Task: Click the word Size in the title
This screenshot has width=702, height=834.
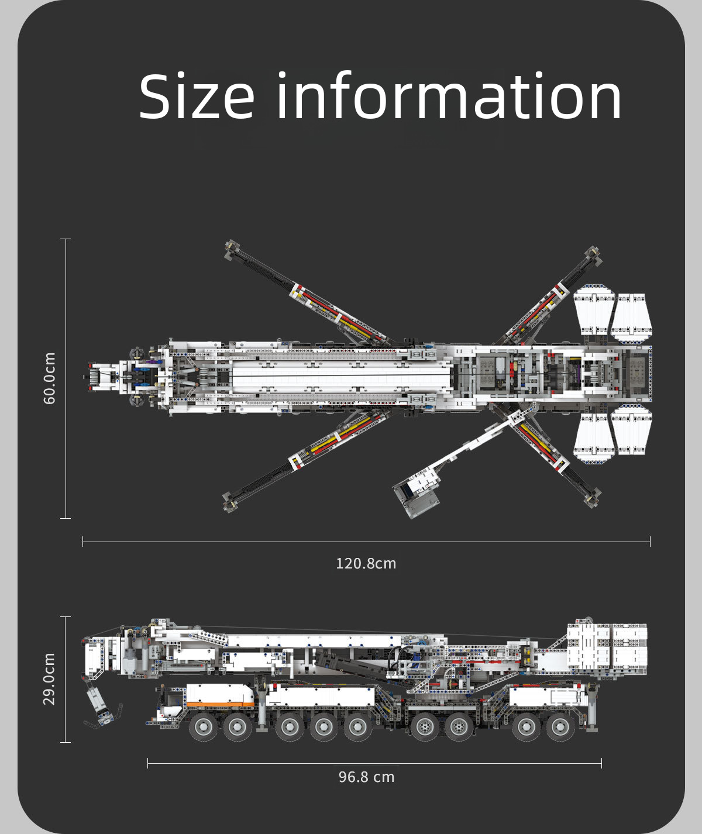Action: point(197,97)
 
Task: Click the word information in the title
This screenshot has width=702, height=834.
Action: point(449,97)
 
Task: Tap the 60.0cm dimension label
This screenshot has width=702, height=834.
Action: point(50,378)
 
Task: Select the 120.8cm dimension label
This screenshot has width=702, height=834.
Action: point(366,564)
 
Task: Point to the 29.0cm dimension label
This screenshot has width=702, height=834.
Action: point(50,679)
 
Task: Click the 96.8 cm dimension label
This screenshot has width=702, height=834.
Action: point(366,777)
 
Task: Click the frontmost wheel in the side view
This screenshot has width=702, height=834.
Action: point(204,727)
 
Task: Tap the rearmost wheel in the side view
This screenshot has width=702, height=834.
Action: point(560,727)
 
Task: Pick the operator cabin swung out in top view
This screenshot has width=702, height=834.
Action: point(417,494)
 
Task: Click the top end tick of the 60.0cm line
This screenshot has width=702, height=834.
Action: point(65,239)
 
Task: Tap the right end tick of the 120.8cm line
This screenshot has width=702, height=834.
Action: point(650,542)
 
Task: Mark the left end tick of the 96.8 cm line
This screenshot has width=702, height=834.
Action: point(148,763)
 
